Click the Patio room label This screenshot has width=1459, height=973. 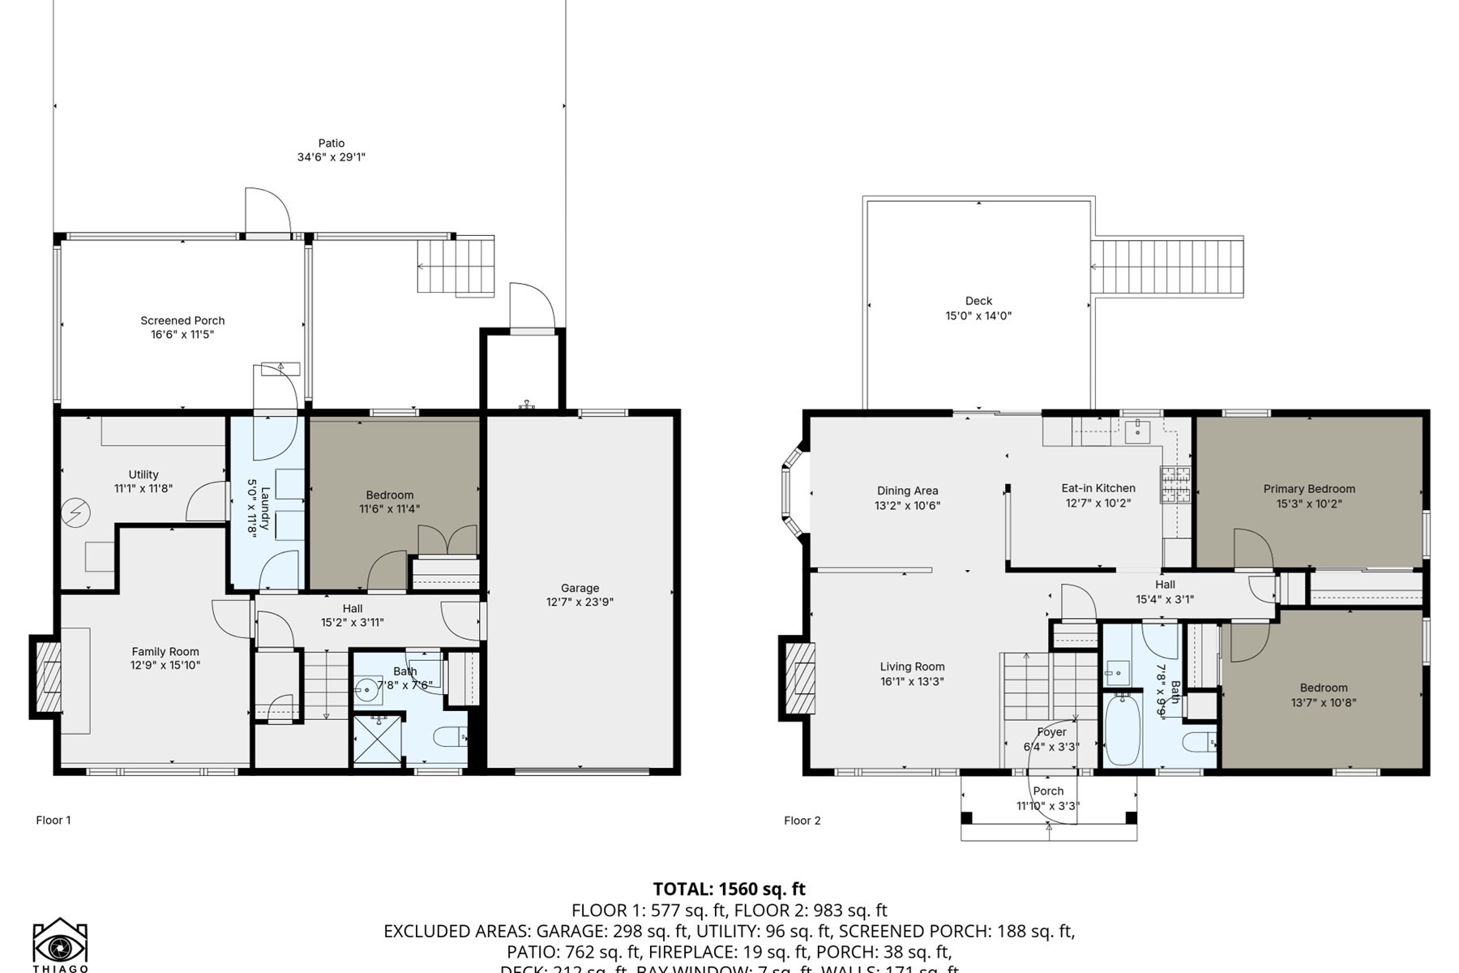click(x=331, y=144)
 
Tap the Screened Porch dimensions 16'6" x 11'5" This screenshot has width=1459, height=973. click(x=182, y=335)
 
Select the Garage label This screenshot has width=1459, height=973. click(x=580, y=588)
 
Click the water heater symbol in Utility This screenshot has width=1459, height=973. click(x=78, y=512)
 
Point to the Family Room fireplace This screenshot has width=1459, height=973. click(x=47, y=677)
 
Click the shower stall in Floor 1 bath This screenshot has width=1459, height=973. click(x=378, y=739)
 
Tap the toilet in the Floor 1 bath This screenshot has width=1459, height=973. click(x=450, y=737)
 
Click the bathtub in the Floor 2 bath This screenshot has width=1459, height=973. click(x=1123, y=730)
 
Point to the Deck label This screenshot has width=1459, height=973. click(x=978, y=301)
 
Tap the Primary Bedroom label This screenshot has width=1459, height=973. click(x=1308, y=489)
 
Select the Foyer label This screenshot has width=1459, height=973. click(x=1051, y=732)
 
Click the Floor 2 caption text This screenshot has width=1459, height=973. click(x=802, y=821)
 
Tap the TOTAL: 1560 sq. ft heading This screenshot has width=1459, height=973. click(x=729, y=889)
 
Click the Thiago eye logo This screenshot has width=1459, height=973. click(x=60, y=944)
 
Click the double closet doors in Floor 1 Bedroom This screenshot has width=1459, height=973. click(x=447, y=540)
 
